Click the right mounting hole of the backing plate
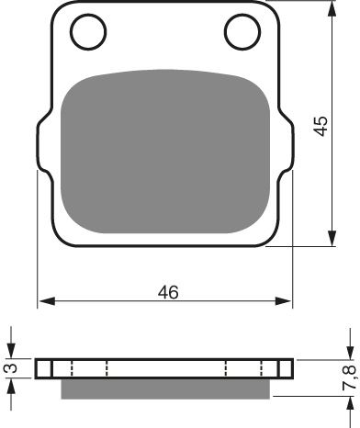(245, 34)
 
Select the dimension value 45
(319, 127)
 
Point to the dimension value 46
(167, 293)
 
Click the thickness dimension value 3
(10, 368)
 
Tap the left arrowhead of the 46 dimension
(43, 301)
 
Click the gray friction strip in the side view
(165, 389)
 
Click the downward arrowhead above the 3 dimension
(10, 354)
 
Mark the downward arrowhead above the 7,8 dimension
(348, 354)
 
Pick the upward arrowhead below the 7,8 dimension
(348, 405)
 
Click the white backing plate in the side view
(165, 368)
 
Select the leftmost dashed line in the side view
(52, 368)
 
